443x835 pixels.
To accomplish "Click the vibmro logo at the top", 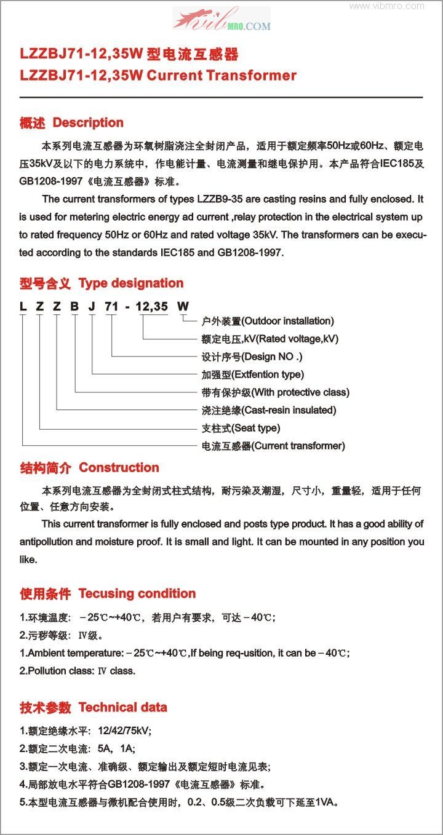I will [221, 18].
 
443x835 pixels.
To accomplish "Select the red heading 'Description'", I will [88, 122].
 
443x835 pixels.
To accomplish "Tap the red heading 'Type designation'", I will [131, 283].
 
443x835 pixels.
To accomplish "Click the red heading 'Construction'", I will [119, 467].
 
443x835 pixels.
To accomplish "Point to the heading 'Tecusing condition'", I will [137, 593].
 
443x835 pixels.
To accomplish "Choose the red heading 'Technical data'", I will [122, 707].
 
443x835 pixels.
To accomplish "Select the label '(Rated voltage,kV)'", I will [291, 339].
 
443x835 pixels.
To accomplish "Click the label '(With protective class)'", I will [300, 392].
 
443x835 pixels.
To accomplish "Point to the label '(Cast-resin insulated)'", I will [289, 410].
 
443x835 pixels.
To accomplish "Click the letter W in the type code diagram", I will [183, 306].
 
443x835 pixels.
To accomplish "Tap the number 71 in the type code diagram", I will [111, 306].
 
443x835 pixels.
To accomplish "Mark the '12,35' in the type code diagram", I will [151, 306].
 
